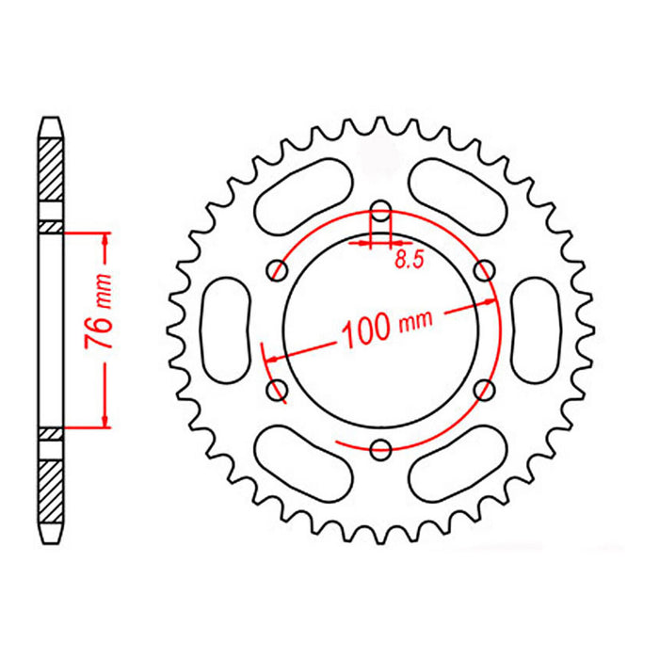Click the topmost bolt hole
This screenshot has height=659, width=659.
pyautogui.click(x=381, y=210)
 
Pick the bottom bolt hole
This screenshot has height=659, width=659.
pyautogui.click(x=381, y=450)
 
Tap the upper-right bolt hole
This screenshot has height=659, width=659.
pyautogui.click(x=485, y=271)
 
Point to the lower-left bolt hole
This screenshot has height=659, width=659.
pyautogui.click(x=278, y=389)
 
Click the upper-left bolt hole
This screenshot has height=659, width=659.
pyautogui.click(x=278, y=271)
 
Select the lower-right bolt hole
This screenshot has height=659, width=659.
pyautogui.click(x=485, y=389)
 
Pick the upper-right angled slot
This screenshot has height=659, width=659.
pyautogui.click(x=461, y=193)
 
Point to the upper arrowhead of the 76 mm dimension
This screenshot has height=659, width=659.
pyautogui.click(x=104, y=237)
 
